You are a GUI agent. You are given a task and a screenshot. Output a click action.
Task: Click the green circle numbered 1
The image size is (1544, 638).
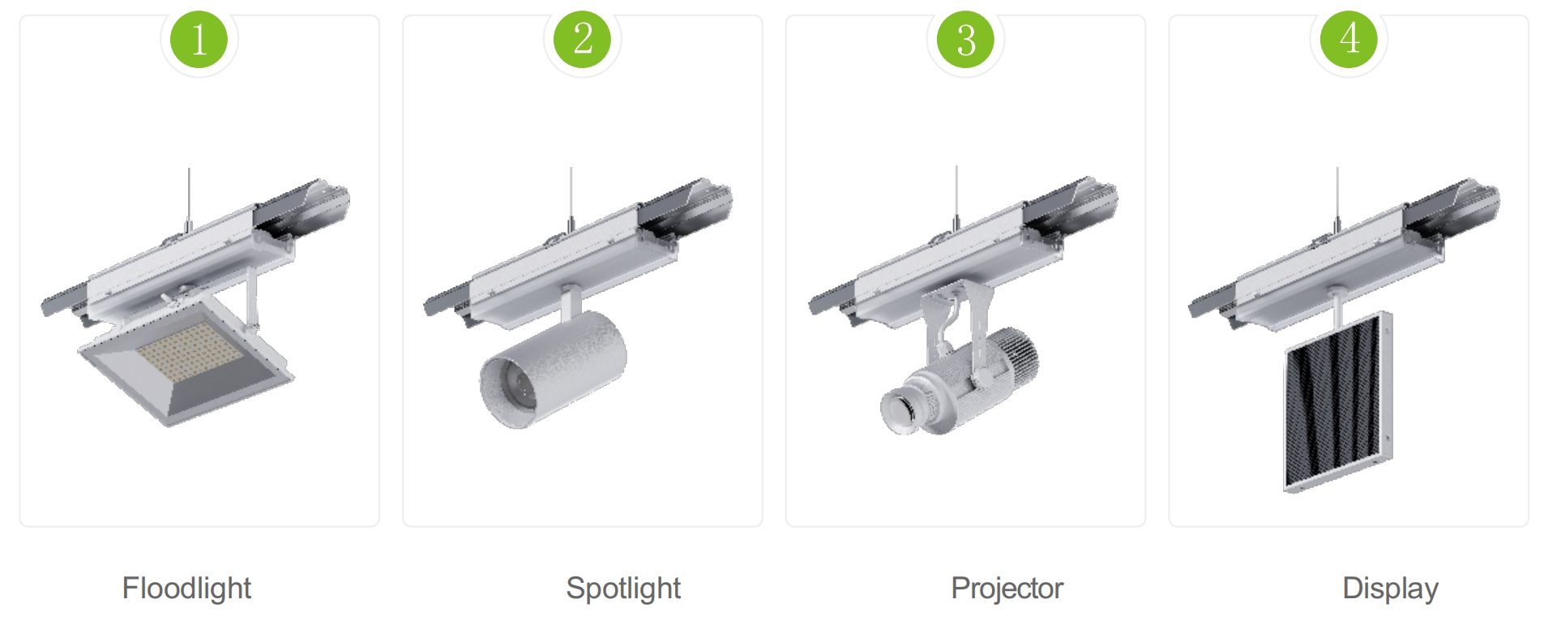[x=199, y=39]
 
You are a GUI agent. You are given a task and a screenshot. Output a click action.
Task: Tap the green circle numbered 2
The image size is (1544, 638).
[x=582, y=39]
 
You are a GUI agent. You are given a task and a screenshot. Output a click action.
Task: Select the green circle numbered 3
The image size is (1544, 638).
[x=965, y=39]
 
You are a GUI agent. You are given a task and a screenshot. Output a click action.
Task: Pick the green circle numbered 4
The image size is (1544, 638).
[x=1349, y=39]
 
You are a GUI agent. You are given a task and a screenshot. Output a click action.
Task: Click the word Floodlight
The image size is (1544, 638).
[x=186, y=589]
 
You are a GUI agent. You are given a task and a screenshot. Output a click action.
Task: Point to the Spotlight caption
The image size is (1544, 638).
[x=623, y=589]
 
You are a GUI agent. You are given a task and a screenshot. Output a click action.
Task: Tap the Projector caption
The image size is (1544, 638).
[x=1007, y=589]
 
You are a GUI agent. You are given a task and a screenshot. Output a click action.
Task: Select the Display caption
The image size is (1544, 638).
[x=1390, y=589]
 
